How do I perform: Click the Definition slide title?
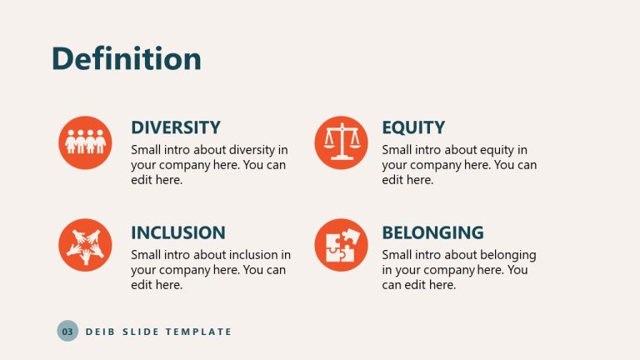pos(127,59)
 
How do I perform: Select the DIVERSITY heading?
pos(176,127)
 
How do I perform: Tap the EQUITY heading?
pos(413,127)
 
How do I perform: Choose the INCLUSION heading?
pos(178,232)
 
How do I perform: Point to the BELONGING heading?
pos(432,232)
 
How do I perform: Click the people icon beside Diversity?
pos(85,142)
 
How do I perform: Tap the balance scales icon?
pos(341,142)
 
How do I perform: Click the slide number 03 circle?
pos(67,332)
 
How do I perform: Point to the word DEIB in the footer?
pos(99,332)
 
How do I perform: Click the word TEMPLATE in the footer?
pos(198,332)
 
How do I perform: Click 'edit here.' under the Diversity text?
pos(157,180)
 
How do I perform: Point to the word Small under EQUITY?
pos(398,150)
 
